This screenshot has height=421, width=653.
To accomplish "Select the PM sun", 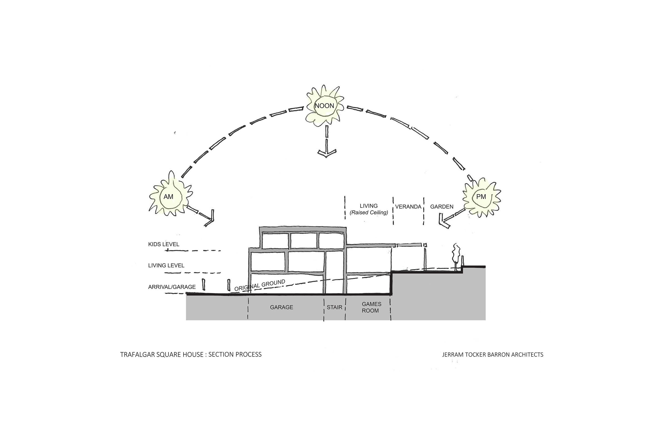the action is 481,196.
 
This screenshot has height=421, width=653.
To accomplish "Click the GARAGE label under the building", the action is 281,307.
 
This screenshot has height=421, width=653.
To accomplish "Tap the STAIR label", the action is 334,307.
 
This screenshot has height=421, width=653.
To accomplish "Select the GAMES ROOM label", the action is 371,307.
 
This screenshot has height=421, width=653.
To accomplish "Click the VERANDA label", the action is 408,207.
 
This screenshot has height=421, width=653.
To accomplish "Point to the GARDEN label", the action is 442,207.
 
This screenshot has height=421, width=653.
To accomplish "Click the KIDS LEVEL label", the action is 164,244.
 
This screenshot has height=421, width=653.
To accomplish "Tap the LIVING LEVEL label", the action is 166,265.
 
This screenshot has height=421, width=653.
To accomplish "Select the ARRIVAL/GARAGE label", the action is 172,287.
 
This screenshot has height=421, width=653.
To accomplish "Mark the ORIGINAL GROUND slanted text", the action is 260,285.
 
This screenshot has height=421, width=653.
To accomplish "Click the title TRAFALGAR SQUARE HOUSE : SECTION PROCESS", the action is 191,355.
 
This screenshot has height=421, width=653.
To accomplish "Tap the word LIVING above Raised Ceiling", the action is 369,206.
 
